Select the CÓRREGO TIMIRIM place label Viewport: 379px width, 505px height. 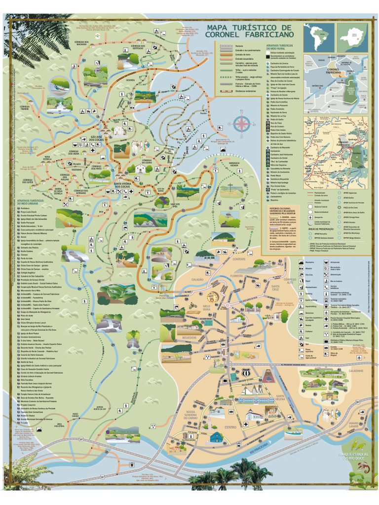click(25, 108)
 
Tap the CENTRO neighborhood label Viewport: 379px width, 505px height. click(230, 427)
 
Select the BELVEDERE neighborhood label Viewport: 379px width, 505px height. click(176, 337)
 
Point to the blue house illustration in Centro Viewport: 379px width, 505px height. click(217, 437)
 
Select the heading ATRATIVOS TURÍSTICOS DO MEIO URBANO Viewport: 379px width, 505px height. click(30, 203)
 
